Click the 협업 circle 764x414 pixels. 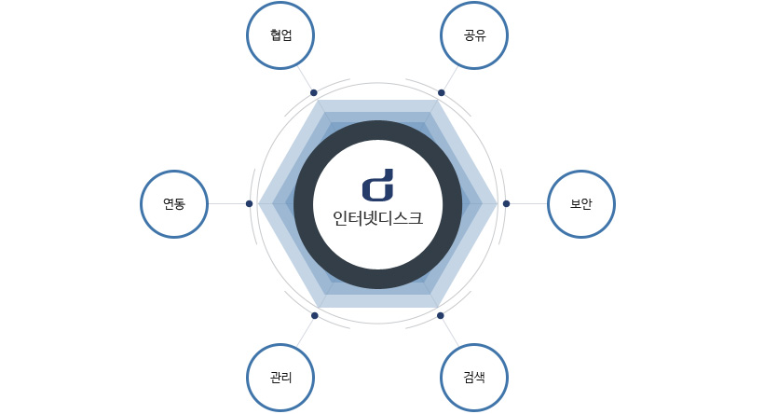point(280,35)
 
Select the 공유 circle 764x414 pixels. point(474,35)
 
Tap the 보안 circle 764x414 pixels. point(581,204)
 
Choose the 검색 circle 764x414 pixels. point(474,378)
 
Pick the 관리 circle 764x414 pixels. point(280,378)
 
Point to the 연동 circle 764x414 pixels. point(174,204)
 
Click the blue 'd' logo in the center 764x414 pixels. point(377,186)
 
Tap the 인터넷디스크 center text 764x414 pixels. point(377,218)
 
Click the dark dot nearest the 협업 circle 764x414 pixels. point(314,92)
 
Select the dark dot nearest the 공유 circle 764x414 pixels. point(442,92)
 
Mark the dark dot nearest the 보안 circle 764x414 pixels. point(506,204)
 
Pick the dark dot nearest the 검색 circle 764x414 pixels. point(441,315)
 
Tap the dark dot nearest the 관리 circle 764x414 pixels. point(315,315)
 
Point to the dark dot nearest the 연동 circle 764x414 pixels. point(249,204)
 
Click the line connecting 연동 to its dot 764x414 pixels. point(226,204)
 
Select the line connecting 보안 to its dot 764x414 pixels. point(528,204)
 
